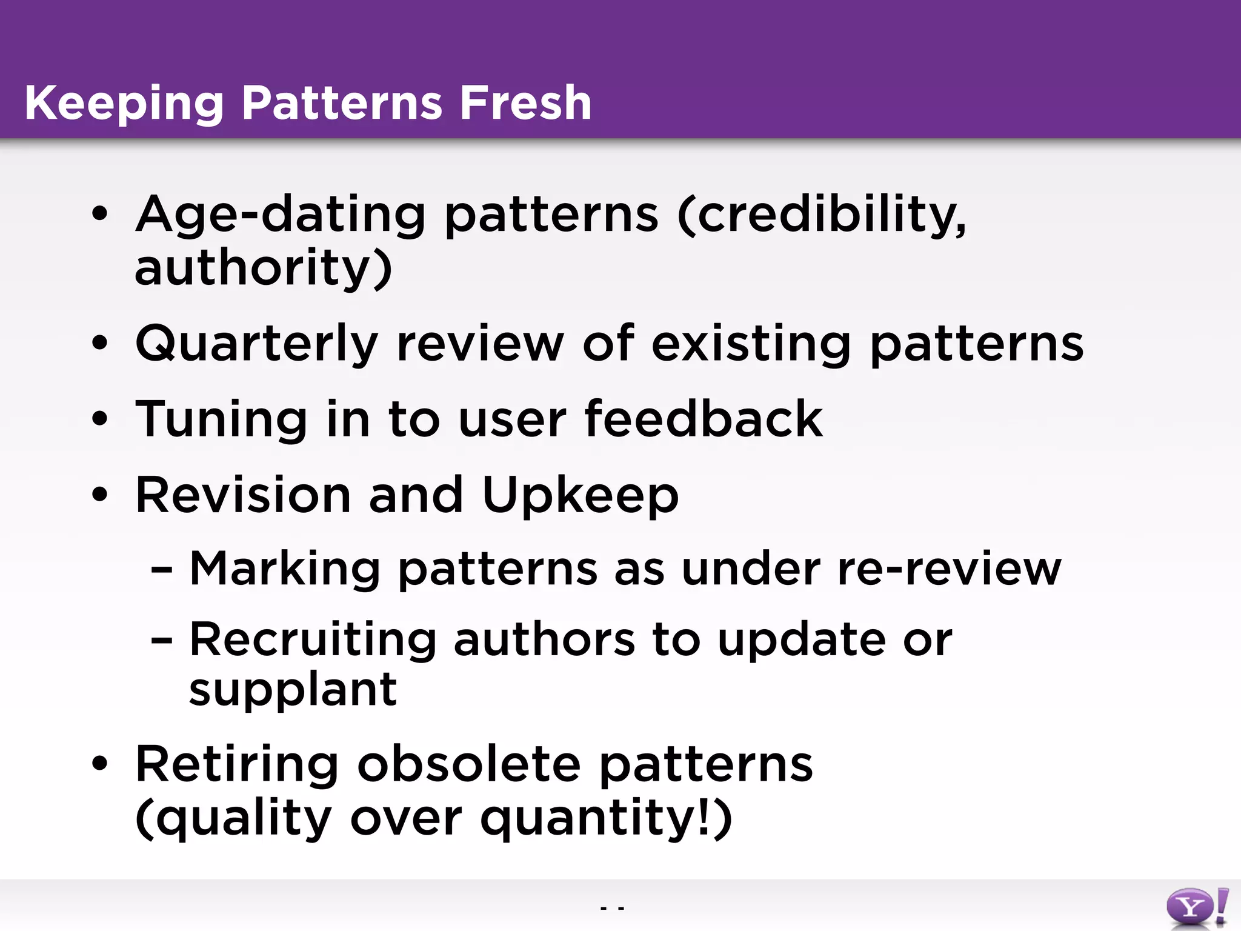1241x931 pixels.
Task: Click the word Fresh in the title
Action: coord(525,102)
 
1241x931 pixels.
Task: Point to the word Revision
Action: coord(243,495)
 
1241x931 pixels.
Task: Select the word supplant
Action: coord(293,691)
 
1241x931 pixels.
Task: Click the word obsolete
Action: coord(469,764)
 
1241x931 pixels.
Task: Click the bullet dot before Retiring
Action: coord(100,765)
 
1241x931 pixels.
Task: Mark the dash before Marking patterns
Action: coord(162,570)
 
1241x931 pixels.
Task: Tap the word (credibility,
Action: coord(822,216)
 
